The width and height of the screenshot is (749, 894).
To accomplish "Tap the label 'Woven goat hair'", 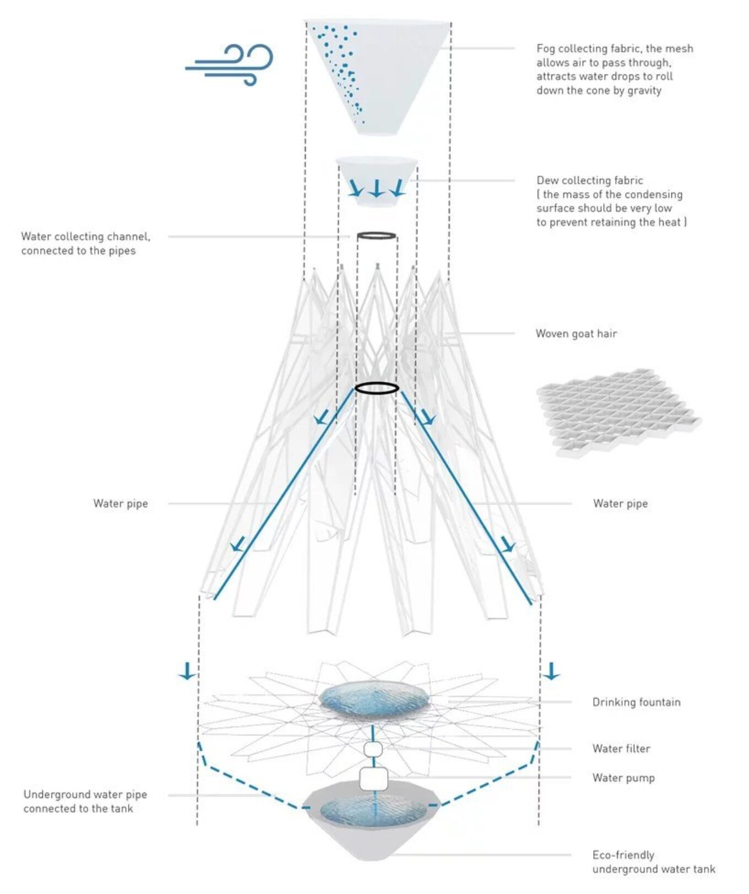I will coord(576,333).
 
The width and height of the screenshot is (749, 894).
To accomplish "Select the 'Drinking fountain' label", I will coord(636,702).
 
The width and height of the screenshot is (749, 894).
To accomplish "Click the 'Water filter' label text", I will coord(621,748).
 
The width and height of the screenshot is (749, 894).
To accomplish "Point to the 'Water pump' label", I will coord(623,777).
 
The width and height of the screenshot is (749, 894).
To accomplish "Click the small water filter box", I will coord(373,749).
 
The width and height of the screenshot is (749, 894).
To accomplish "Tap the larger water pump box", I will coord(373,779).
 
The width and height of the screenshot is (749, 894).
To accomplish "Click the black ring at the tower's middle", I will coord(377,388).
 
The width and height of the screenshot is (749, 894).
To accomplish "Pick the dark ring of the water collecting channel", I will coord(377,236).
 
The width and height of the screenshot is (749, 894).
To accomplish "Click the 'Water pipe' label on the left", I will coord(121,503).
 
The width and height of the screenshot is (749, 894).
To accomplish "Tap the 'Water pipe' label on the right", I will coord(620,503).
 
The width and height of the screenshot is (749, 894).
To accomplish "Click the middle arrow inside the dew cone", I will coord(376,188).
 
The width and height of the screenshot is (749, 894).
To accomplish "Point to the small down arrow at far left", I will coord(187,670).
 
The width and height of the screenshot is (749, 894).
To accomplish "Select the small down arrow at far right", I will coord(551,670).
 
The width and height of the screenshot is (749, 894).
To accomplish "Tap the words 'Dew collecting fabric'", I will coord(590,180).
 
